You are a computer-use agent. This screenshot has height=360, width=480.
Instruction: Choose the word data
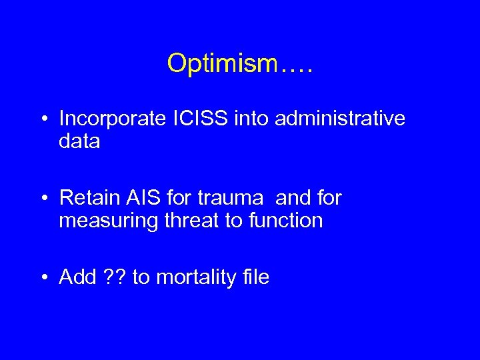point(79,141)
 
